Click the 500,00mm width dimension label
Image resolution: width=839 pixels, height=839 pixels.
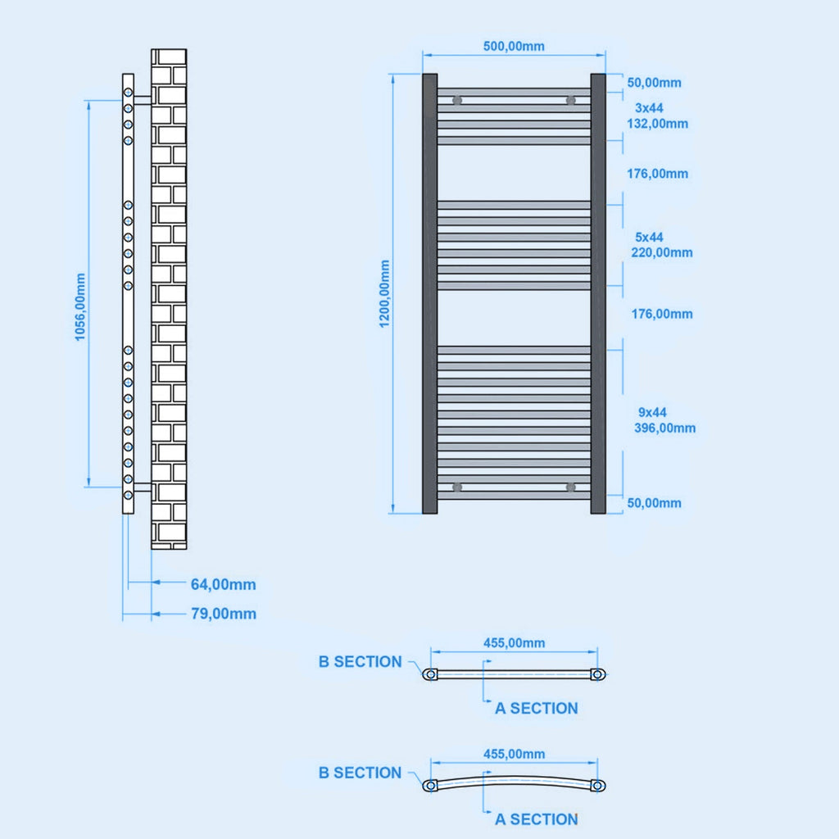tap(514, 46)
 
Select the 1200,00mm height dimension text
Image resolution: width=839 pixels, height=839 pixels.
tap(385, 294)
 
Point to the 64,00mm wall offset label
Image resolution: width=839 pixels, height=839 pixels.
tap(223, 584)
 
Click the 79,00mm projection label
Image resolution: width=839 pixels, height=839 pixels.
tap(223, 614)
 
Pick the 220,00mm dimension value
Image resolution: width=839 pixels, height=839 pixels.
tap(661, 252)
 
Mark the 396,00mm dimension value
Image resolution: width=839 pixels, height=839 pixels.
tap(664, 428)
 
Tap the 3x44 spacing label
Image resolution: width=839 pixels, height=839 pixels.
tap(650, 107)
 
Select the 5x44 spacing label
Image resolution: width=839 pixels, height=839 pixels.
tap(648, 237)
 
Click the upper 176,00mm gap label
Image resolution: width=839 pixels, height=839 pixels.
tap(658, 174)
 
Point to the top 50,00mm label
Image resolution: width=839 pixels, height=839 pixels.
tap(654, 83)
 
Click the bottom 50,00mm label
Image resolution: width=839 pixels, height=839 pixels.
tap(654, 503)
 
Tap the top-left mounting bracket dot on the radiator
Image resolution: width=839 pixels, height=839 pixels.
tap(457, 101)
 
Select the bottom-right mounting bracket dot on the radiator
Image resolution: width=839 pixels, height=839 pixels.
tap(570, 488)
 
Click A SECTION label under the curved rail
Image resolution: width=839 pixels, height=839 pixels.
tap(536, 819)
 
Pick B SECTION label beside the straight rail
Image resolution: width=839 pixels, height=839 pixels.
tap(360, 661)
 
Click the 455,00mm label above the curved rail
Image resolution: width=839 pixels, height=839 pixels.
tap(514, 754)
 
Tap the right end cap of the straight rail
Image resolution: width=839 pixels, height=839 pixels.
tap(598, 674)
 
